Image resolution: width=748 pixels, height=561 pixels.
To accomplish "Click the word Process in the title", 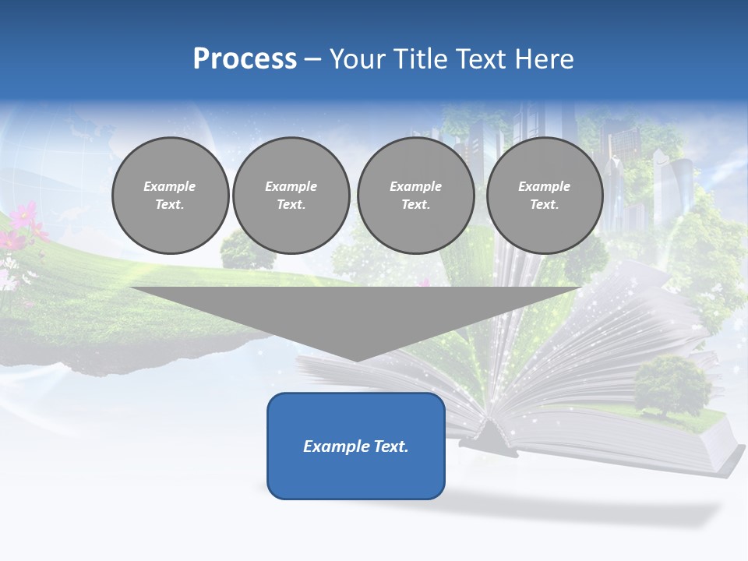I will point(245,59).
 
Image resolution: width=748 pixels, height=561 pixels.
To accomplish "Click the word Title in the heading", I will point(418,59).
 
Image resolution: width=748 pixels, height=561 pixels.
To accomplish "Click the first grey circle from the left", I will point(170,196).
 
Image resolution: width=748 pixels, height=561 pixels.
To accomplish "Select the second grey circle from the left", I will point(291,196).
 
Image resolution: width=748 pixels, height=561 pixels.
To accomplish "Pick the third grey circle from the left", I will point(416,196).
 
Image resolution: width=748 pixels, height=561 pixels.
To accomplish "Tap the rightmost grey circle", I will point(545,196).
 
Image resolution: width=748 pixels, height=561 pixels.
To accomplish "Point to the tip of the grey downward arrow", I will point(356,360).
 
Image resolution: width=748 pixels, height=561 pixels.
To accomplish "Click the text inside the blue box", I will point(356,446).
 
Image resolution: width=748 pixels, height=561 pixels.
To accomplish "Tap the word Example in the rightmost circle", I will point(544,186).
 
